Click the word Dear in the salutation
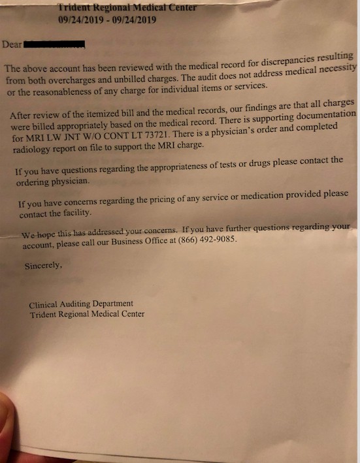(12, 45)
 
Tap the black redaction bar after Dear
(55, 45)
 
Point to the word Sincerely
(44, 266)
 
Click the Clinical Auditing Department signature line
(81, 304)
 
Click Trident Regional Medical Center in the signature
(87, 314)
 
